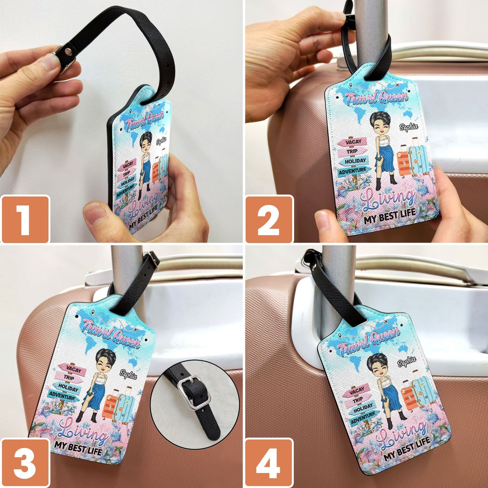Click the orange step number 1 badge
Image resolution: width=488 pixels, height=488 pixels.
(x=25, y=219)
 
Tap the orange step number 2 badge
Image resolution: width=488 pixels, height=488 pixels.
(x=269, y=219)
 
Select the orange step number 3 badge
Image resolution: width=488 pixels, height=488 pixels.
(x=25, y=462)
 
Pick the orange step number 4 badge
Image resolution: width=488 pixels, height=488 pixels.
(x=268, y=462)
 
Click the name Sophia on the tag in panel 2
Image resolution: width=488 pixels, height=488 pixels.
(x=408, y=127)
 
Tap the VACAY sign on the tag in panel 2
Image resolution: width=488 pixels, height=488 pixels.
(x=353, y=142)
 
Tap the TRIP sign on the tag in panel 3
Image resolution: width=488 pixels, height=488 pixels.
(x=69, y=378)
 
